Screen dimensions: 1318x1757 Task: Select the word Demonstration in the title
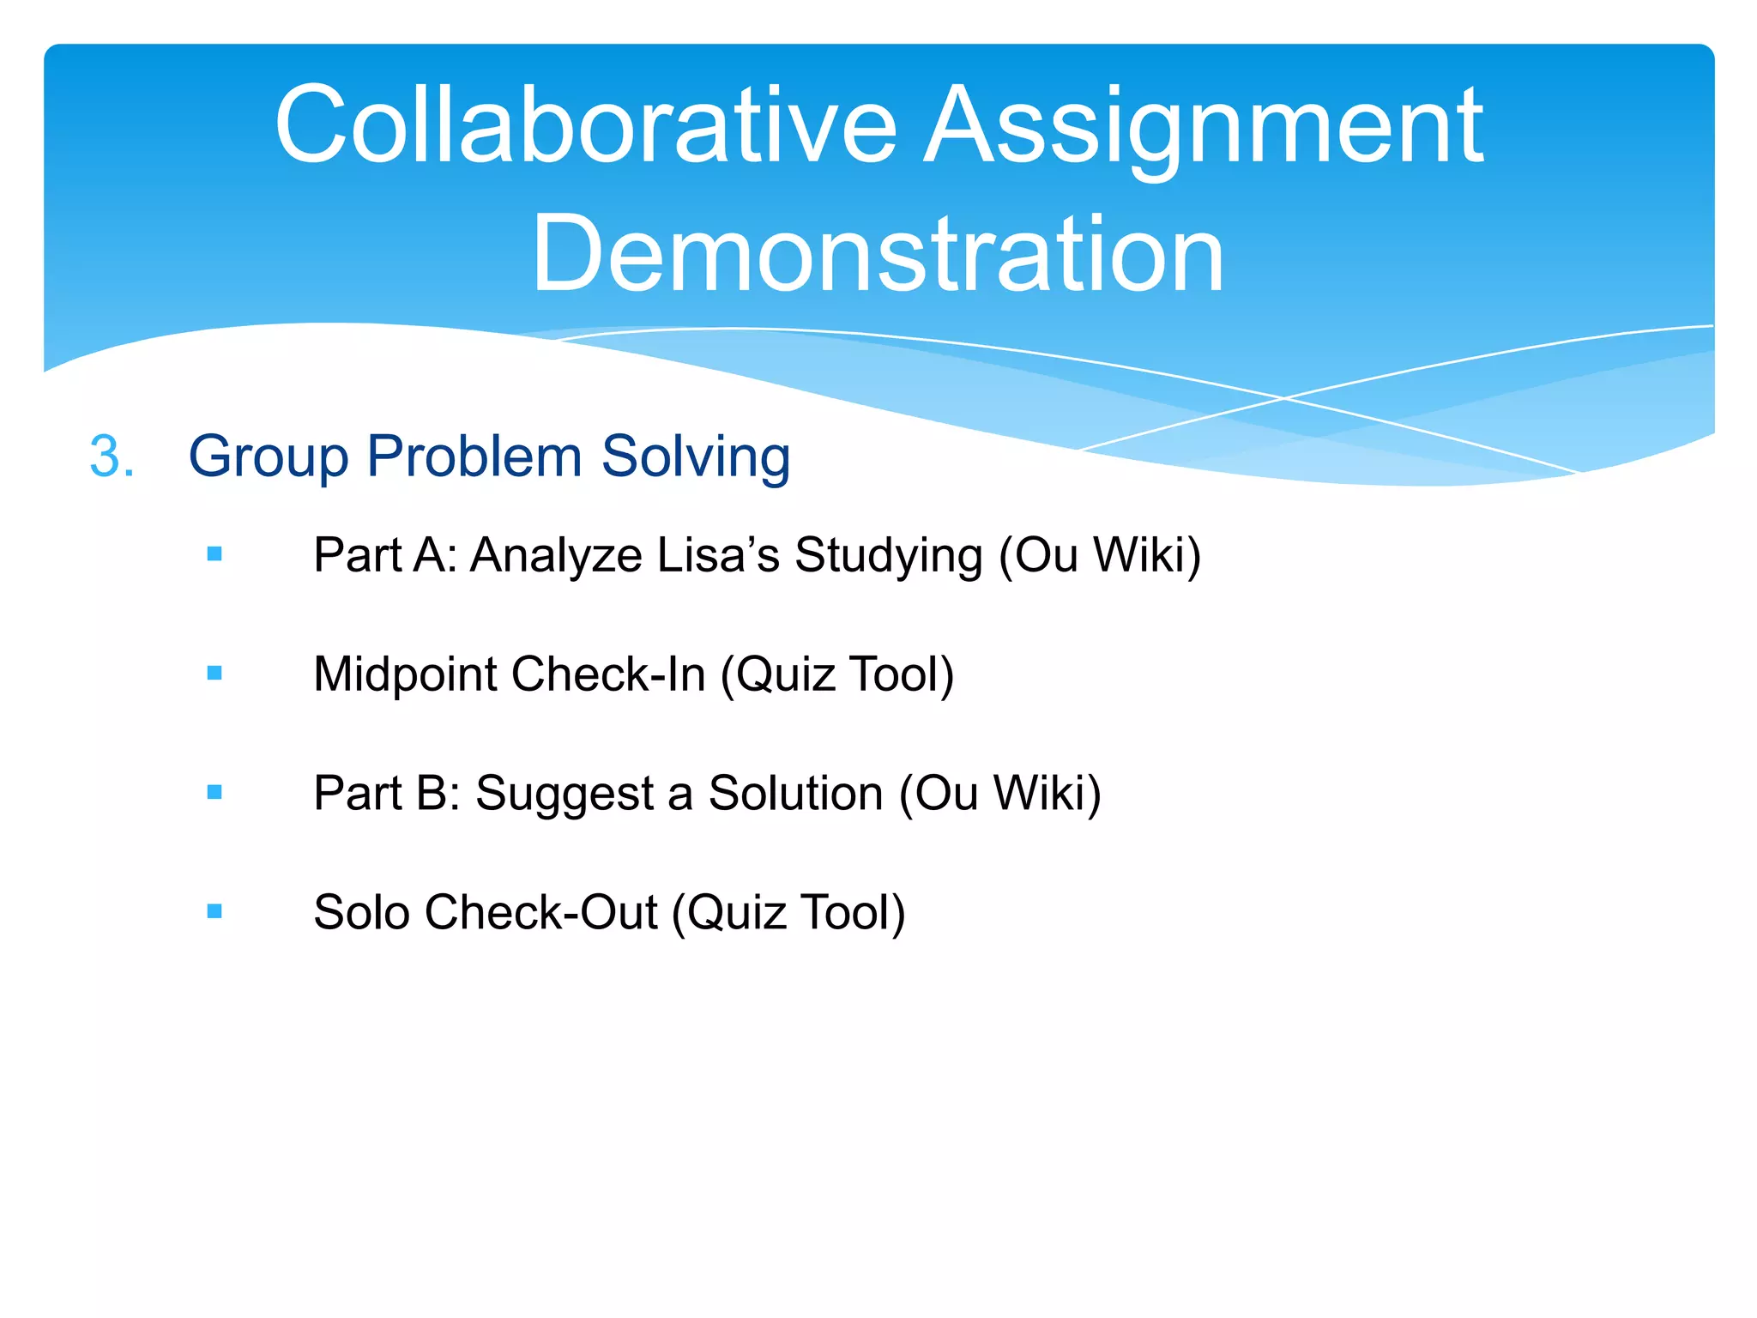[878, 254]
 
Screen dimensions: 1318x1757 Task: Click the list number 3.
[112, 456]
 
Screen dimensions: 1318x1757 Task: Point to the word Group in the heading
[268, 456]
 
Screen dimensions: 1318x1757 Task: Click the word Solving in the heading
[695, 456]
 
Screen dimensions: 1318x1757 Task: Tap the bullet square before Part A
[214, 554]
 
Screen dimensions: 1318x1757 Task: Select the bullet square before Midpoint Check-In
[214, 674]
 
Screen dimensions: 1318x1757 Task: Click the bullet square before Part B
[214, 792]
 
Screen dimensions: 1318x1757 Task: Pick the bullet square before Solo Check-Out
[214, 911]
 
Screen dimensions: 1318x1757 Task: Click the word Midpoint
[405, 674]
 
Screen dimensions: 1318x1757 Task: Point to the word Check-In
[608, 674]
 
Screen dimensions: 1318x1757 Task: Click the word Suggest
[565, 794]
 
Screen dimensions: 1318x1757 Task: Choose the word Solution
[795, 792]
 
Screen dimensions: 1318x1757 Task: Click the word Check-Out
[540, 911]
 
